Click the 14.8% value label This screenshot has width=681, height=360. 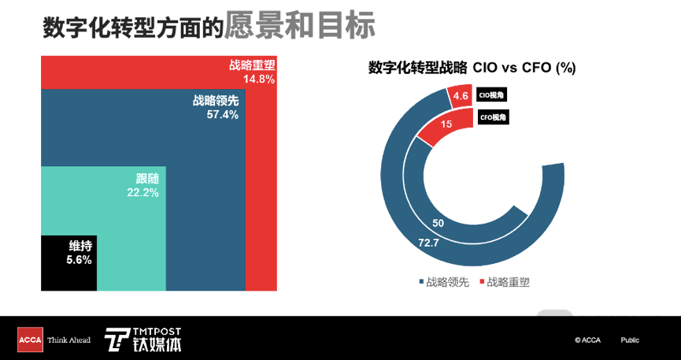pos(258,80)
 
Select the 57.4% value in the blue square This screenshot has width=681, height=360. pos(222,114)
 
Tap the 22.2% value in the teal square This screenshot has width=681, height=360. pos(142,192)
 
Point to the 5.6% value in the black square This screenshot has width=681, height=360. pos(79,259)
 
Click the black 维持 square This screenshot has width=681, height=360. pos(68,263)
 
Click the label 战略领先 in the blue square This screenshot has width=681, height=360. pos(215,101)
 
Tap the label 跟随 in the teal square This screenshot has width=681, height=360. pos(147,179)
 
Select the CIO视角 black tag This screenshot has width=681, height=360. pos(492,96)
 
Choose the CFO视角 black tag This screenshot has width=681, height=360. pos(493,117)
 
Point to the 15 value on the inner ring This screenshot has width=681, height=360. pos(446,124)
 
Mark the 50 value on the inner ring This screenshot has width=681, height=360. pos(439,223)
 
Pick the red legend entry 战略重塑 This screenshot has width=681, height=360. pos(504,282)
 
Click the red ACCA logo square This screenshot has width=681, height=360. pos(30,340)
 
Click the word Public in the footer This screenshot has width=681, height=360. pos(629,340)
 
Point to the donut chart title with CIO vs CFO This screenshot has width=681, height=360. pos(472,69)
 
